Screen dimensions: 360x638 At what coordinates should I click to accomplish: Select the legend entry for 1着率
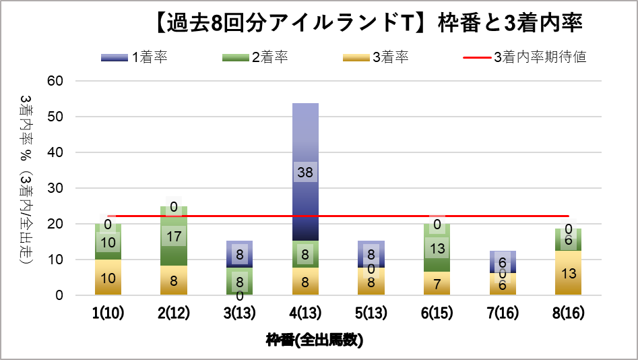[x=135, y=57]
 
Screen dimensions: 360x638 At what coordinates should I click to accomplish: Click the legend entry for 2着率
[x=255, y=57]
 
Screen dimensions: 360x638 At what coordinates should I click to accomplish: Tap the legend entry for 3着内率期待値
[x=525, y=57]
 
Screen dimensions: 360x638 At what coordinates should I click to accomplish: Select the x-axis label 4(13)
[x=305, y=313]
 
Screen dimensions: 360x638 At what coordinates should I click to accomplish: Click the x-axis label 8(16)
[x=569, y=313]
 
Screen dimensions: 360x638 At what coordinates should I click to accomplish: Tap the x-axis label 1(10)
[x=108, y=313]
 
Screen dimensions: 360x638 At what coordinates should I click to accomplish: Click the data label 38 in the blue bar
[x=305, y=173]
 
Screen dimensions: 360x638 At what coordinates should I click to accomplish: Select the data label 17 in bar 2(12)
[x=174, y=237]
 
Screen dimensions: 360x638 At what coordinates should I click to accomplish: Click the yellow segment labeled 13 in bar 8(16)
[x=569, y=273]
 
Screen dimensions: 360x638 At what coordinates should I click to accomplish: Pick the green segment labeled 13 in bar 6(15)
[x=437, y=249]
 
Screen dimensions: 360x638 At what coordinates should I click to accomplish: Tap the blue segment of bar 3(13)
[x=239, y=253]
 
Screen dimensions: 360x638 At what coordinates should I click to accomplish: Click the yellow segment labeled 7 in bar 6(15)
[x=437, y=283]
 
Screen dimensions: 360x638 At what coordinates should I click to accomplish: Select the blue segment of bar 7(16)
[x=503, y=262]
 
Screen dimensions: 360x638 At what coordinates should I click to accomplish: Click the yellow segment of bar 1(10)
[x=108, y=277]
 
